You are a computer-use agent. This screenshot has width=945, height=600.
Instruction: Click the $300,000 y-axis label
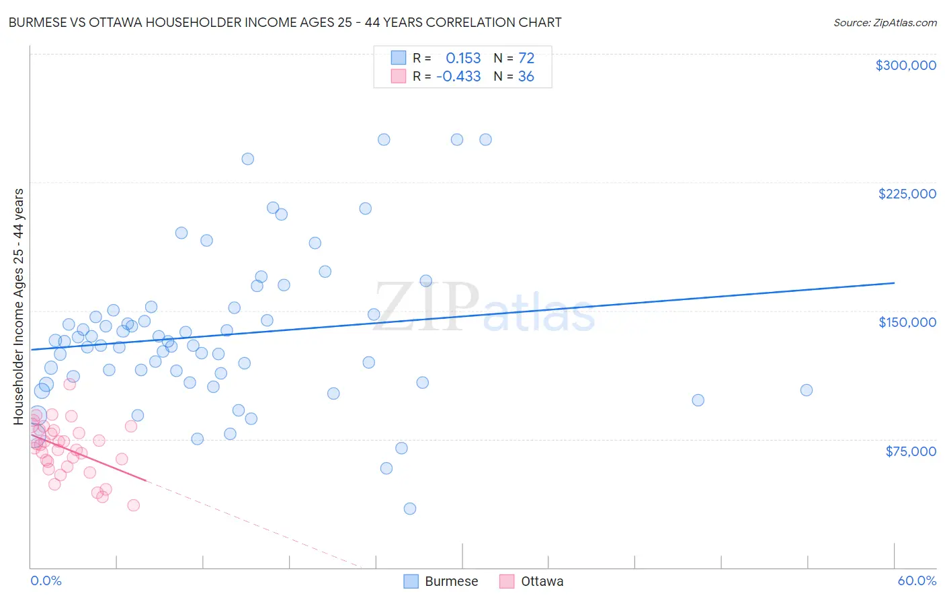coord(905,65)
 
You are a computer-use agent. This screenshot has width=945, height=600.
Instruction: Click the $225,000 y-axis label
coord(907,194)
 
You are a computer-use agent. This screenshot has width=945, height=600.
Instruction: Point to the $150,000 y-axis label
coord(907,322)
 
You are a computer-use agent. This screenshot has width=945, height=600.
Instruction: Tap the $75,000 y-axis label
coord(910,451)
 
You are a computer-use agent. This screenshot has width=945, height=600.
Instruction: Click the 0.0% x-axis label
coord(46,580)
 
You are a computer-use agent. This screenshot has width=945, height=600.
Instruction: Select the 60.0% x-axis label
coord(917,580)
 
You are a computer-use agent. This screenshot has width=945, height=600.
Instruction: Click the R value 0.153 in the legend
coord(463,58)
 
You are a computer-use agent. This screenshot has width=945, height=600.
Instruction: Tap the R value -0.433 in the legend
coord(458,77)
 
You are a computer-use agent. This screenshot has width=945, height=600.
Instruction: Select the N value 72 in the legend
coord(526,58)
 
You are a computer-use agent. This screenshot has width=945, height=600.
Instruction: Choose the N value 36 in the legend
coord(526,77)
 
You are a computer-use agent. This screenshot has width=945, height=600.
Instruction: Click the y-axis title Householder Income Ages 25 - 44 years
coord(19,307)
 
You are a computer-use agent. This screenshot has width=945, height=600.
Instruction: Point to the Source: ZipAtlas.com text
coord(885,23)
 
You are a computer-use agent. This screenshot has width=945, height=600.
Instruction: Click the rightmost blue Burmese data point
coord(807,390)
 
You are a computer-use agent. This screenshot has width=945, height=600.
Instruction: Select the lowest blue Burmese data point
coord(410,509)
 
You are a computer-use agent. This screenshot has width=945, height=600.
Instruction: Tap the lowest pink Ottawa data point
coord(133,505)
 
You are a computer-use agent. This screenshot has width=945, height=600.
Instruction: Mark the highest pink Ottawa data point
coord(69,384)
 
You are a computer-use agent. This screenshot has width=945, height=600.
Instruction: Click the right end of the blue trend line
coord(894,283)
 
